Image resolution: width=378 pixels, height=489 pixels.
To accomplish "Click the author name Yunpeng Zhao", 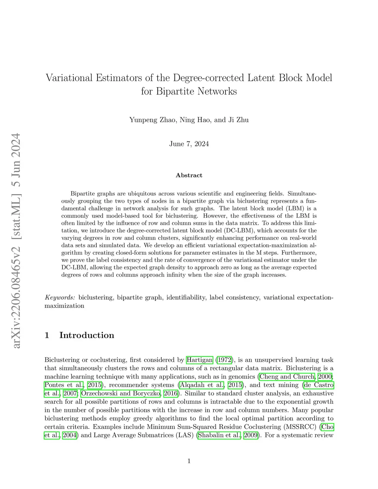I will [x=152, y=120].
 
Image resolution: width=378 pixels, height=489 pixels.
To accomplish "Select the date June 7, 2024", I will [x=189, y=144].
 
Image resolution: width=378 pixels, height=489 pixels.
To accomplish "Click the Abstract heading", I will [x=189, y=175].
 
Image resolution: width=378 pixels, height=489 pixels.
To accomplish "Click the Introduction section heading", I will [x=86, y=335].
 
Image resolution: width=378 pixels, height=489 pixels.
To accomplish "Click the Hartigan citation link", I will [x=200, y=360].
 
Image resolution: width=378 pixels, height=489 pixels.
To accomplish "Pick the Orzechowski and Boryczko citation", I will [x=121, y=393].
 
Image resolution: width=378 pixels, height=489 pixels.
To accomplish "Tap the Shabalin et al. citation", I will [x=220, y=435].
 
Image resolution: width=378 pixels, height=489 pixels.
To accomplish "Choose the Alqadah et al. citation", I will [x=202, y=385].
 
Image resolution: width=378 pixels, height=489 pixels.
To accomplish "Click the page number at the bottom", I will [x=189, y=461].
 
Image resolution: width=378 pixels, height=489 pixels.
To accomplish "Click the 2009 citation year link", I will [x=251, y=435].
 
